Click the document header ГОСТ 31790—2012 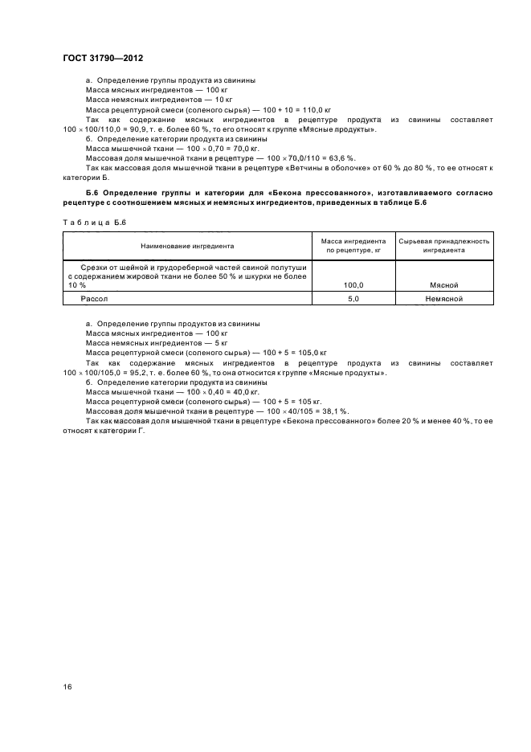click(102, 58)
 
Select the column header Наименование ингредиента click(188, 245)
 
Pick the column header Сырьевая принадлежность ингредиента click(444, 245)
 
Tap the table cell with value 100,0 click(353, 284)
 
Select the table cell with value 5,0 click(353, 299)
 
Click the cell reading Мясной click(444, 284)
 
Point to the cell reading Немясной click(444, 299)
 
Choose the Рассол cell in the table click(93, 299)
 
